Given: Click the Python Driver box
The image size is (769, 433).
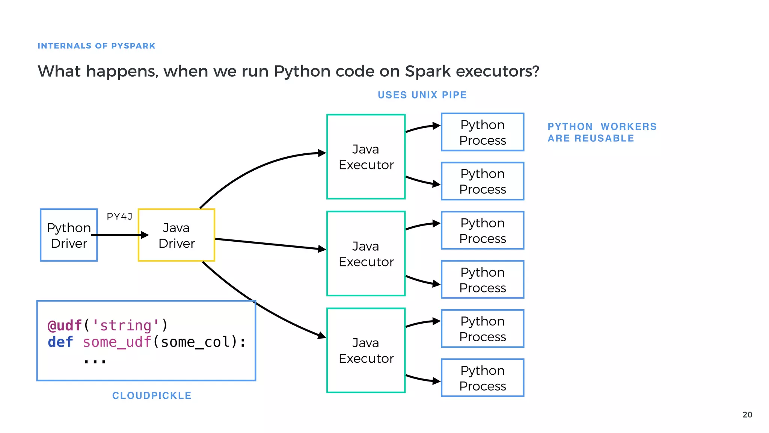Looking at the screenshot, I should pos(69,235).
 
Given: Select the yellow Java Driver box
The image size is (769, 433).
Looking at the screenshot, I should pos(176,235).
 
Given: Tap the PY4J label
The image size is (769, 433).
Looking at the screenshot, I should pos(119,216).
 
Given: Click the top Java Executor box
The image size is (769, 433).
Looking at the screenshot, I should pos(366,157).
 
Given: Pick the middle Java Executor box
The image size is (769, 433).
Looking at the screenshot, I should pos(366,254).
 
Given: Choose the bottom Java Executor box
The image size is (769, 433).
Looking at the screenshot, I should pos(366,350).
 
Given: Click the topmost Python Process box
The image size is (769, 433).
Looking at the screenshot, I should pos(483,132).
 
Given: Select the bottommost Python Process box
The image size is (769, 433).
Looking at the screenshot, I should pos(483,378).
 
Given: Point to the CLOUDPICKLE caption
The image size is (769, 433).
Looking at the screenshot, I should pos(152,395).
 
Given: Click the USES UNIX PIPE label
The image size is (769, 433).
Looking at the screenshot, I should pos(422,95).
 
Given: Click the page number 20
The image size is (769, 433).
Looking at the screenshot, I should pos(747,415).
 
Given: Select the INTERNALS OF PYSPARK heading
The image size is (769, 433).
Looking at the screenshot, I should pos(96,46).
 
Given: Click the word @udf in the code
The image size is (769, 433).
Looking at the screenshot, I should pos(65,326).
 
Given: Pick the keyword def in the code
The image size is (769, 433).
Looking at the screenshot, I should pos(60,342).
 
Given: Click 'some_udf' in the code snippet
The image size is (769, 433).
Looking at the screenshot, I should pos(117,342).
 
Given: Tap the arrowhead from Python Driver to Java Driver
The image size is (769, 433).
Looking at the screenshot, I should pos(145,235).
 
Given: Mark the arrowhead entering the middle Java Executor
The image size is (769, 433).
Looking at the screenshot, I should pos(322,249).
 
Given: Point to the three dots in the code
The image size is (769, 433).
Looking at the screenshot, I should pos(95,361).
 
